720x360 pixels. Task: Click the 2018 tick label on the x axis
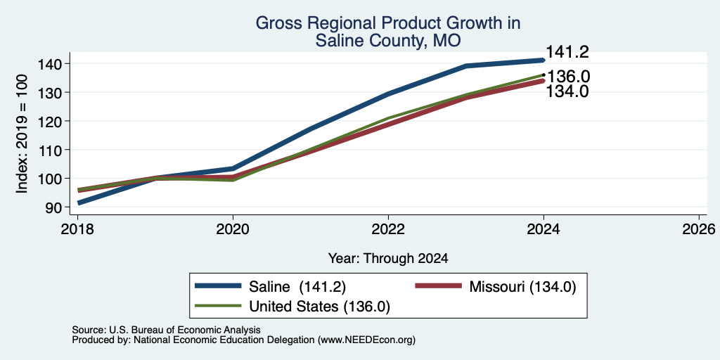(x=77, y=229)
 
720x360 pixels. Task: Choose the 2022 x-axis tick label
(x=388, y=229)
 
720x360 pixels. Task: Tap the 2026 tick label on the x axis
(x=699, y=229)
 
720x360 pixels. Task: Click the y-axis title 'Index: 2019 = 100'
(x=22, y=134)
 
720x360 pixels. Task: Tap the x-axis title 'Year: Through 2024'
(x=388, y=259)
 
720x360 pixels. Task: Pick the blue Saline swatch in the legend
(x=218, y=286)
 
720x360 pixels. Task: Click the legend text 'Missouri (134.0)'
(x=522, y=287)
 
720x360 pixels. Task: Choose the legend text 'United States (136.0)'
(x=320, y=307)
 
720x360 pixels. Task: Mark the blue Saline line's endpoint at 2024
(x=544, y=60)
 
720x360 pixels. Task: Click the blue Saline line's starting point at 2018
(x=79, y=202)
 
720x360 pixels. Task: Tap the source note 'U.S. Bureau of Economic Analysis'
(x=185, y=330)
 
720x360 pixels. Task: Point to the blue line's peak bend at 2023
(x=466, y=66)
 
